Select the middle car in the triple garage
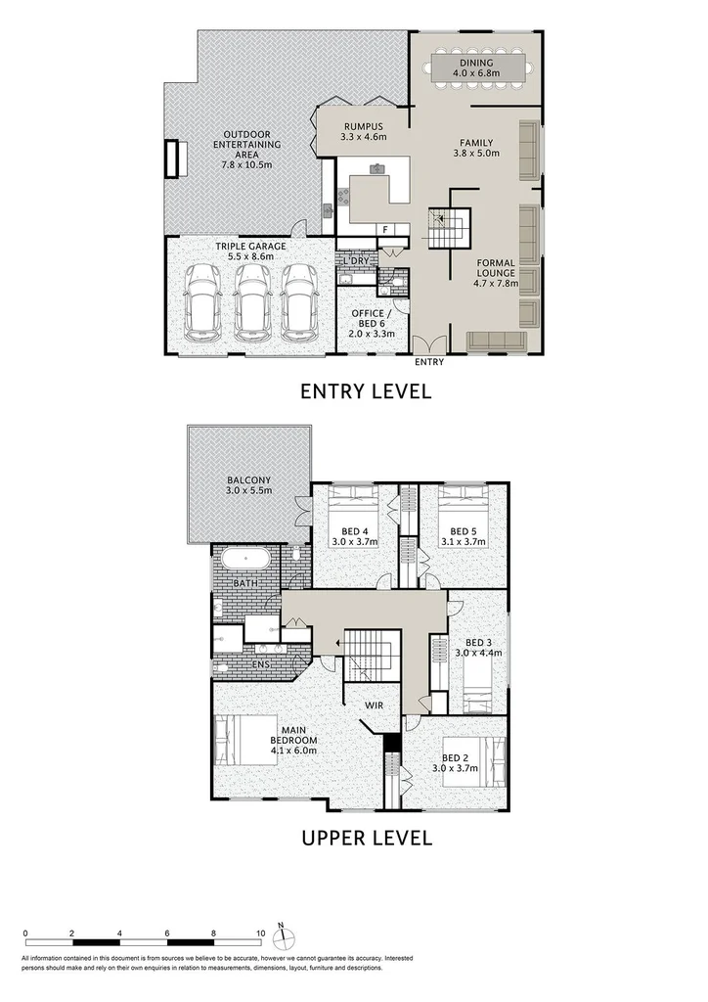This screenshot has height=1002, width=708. point(253,299)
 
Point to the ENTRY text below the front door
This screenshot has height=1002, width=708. point(428,362)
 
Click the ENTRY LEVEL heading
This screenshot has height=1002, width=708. point(366,392)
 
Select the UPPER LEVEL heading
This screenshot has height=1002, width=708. point(366,838)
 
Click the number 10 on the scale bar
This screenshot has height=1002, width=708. point(261,934)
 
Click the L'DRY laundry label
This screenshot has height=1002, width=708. point(353,261)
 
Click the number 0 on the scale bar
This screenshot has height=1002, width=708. point(25,934)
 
